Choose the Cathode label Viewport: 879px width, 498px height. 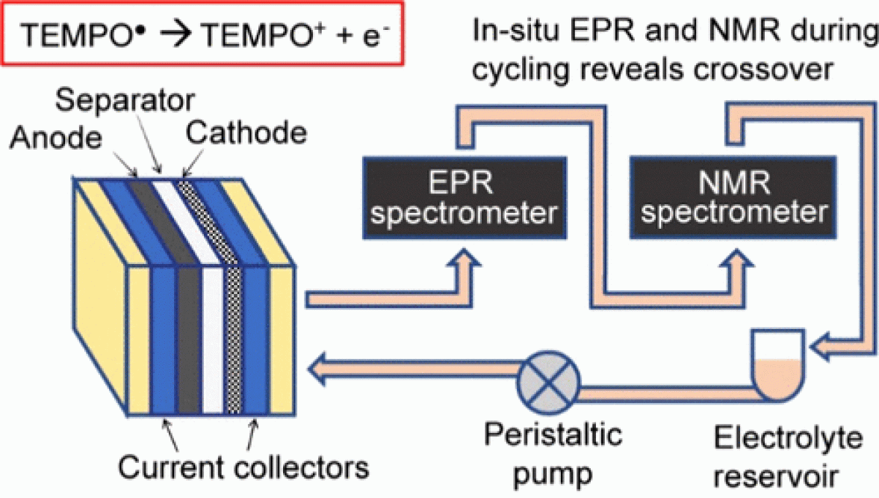246,133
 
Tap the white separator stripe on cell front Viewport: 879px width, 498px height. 214,340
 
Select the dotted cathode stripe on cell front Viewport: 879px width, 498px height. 234,340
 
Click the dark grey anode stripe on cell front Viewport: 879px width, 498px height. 189,340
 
